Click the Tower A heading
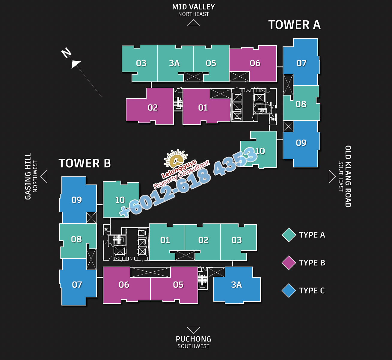point(295,25)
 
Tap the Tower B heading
point(85,163)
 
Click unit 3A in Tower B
point(237,285)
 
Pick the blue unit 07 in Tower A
point(301,63)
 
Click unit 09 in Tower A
point(301,143)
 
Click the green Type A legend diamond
point(289,235)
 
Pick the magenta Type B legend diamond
point(289,263)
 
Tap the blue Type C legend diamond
point(289,291)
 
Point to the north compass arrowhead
point(75,64)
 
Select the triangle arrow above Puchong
point(194,330)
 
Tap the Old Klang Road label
point(348,176)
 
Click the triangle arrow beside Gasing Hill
point(44,176)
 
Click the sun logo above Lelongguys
point(176,158)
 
